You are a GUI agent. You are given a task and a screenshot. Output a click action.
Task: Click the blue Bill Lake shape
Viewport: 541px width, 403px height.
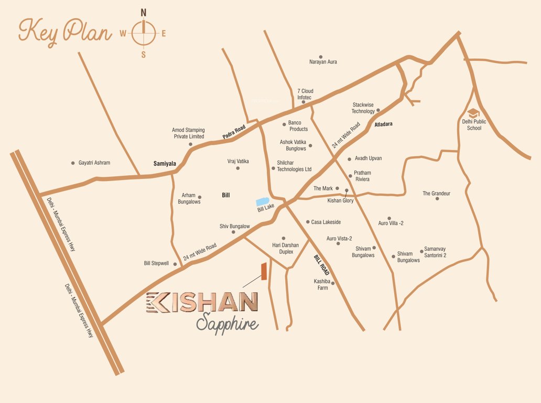(263, 201)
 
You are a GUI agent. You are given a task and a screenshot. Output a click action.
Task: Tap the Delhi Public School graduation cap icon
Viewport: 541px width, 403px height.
(474, 113)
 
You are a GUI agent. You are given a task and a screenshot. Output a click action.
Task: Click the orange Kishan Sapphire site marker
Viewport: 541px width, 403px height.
(264, 271)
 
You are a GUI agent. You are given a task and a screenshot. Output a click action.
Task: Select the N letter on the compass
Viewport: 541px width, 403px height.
(144, 12)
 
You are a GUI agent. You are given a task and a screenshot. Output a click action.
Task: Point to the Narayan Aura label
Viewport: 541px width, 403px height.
(323, 62)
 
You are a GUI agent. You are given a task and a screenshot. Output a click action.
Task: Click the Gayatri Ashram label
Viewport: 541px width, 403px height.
(94, 163)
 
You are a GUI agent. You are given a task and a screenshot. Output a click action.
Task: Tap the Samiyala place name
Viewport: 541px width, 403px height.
(165, 164)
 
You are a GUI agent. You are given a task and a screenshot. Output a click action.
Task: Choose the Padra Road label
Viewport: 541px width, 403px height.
(234, 131)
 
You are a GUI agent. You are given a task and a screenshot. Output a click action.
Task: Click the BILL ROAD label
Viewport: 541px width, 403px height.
(321, 266)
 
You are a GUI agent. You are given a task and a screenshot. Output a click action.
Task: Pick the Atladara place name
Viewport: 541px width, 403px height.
(384, 124)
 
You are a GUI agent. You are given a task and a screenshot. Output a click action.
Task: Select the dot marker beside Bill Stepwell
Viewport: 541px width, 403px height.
(175, 264)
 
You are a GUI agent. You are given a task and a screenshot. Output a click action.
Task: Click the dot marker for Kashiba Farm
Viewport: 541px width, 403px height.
(333, 283)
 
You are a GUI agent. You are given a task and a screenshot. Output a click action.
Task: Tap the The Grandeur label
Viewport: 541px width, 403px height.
(436, 194)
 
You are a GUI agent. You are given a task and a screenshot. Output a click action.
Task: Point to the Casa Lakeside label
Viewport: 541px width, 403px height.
(326, 222)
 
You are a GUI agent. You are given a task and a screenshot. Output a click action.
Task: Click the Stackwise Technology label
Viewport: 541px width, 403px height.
(363, 108)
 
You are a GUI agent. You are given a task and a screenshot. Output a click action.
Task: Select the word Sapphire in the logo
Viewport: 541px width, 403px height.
(227, 324)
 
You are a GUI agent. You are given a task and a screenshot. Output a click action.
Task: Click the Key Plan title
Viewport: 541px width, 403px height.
(65, 32)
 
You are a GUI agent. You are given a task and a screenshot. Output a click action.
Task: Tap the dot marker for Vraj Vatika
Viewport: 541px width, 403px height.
(237, 168)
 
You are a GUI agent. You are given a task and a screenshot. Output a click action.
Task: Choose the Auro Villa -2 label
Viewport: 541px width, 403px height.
(391, 223)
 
